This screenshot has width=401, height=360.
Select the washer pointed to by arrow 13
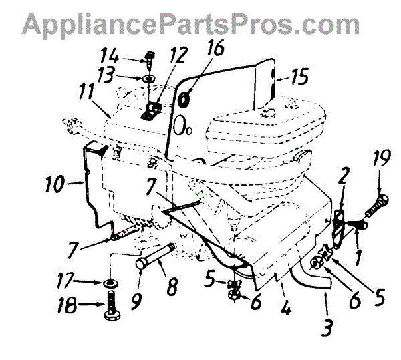(148, 79)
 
